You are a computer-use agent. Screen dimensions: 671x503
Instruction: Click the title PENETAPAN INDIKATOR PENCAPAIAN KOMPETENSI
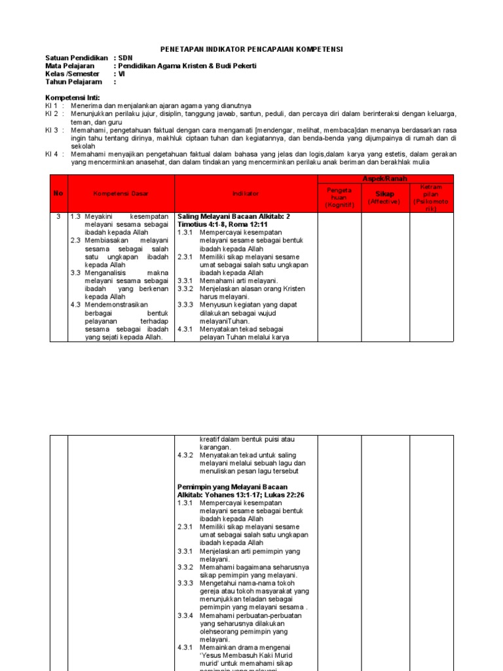coord(252,50)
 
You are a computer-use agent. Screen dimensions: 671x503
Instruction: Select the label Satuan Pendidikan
coord(76,58)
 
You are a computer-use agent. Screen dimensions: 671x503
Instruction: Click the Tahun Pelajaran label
coord(73,83)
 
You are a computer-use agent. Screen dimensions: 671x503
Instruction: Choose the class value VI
coord(121,75)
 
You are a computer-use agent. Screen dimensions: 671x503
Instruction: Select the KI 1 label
coord(52,105)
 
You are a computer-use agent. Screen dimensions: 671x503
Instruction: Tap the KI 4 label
coord(52,154)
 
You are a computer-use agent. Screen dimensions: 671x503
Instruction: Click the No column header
coord(58,194)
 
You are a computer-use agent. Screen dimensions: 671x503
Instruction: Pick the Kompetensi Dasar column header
coord(121,194)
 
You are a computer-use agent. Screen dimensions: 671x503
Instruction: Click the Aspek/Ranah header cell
coord(385,179)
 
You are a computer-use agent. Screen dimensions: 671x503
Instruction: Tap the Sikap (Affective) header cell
coord(385,197)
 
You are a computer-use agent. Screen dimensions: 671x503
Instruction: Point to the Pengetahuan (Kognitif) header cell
coord(339,197)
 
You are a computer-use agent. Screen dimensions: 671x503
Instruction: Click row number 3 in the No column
coord(58,216)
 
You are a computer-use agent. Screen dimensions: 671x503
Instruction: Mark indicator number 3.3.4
coord(185,615)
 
